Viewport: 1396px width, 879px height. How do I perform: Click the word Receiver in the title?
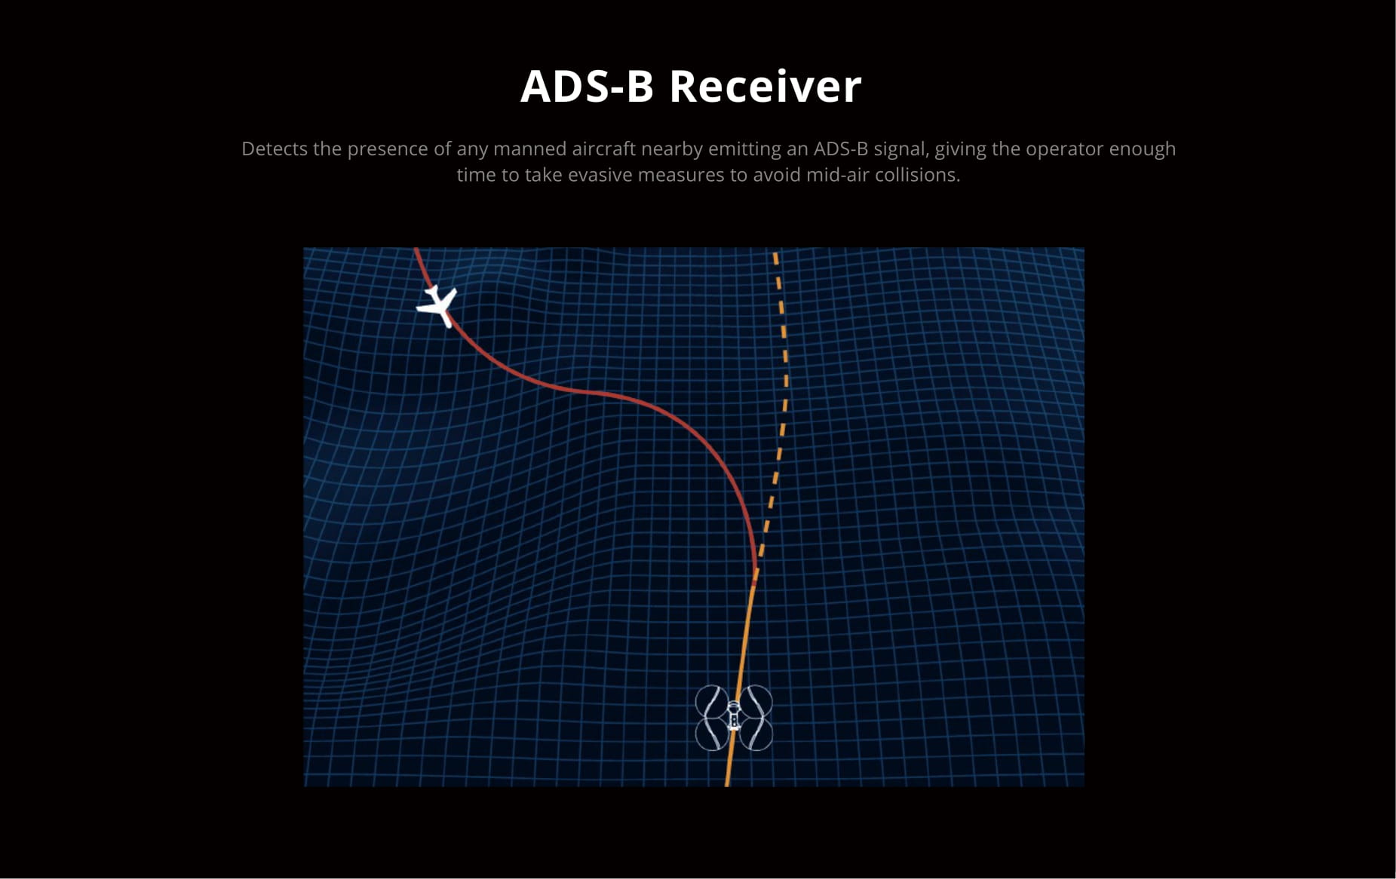pos(765,86)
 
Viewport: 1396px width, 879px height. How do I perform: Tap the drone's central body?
pos(733,717)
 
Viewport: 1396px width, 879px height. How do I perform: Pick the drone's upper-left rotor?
pos(711,701)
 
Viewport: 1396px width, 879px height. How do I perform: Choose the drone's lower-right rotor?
pos(756,734)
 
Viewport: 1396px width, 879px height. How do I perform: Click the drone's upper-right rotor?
pos(756,701)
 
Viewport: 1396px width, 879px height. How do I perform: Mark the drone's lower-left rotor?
pos(711,734)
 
